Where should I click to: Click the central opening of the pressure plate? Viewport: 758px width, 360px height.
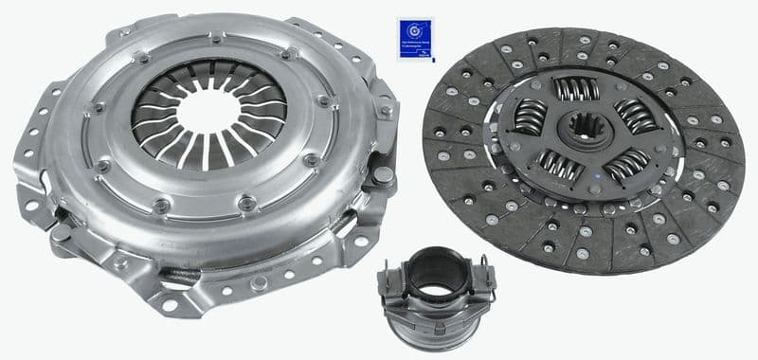click(x=208, y=112)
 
